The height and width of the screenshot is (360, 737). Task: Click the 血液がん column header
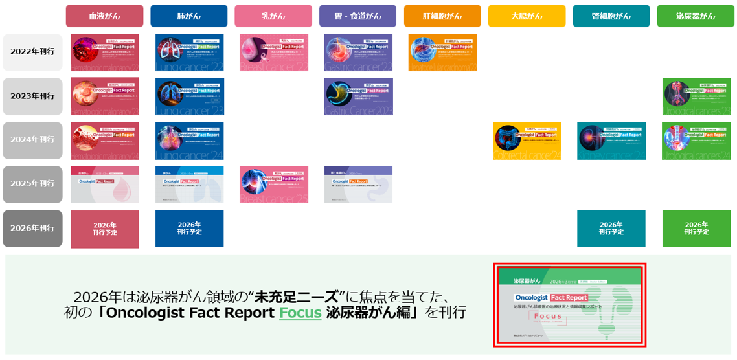[x=104, y=16]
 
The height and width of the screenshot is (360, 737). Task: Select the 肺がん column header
[x=188, y=16]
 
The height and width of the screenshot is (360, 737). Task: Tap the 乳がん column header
[x=273, y=16]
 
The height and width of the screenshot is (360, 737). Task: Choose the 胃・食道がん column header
[x=357, y=16]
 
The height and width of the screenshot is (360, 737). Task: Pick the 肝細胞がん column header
[x=442, y=16]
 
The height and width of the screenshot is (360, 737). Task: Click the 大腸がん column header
[x=527, y=16]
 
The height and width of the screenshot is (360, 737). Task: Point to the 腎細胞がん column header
[x=611, y=16]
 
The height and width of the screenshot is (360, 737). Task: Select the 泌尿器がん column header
[x=696, y=16]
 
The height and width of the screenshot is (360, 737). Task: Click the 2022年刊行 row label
[x=32, y=52]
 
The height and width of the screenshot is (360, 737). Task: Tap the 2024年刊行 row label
[x=32, y=140]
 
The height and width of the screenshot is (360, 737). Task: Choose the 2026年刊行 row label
[x=32, y=228]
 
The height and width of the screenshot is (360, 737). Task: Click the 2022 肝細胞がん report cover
[x=442, y=52]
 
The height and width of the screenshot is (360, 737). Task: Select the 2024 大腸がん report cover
[x=527, y=141]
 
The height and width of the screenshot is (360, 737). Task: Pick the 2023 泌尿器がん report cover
[x=696, y=96]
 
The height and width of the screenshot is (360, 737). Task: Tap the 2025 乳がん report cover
[x=273, y=185]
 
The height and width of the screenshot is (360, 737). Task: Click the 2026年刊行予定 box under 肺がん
[x=189, y=229]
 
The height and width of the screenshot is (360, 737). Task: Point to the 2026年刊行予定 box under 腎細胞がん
[x=611, y=229]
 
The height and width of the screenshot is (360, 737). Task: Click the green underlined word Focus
[x=300, y=313]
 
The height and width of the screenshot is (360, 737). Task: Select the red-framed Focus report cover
[x=569, y=304]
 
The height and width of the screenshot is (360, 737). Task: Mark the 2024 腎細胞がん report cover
[x=611, y=141]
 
